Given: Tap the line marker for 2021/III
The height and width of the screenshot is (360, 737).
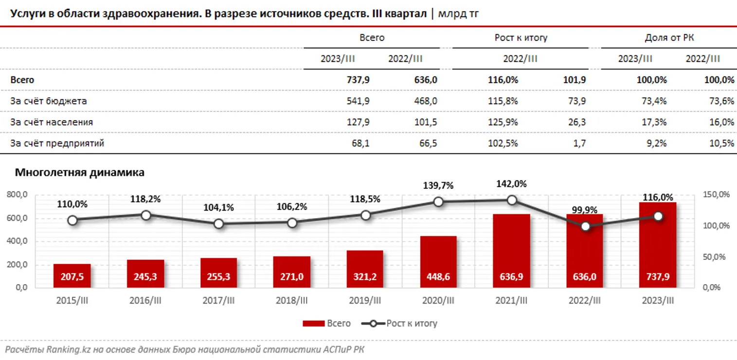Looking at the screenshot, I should point(512,200).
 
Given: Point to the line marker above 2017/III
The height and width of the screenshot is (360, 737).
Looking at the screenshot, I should point(218,224).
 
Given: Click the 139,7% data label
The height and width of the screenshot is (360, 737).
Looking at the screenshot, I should point(438,185).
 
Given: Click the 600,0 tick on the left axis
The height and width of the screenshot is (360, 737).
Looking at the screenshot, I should point(18,218).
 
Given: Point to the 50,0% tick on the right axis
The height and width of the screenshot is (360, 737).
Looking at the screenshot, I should point(716,257).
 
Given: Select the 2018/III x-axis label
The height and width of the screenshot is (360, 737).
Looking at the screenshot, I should point(292,301).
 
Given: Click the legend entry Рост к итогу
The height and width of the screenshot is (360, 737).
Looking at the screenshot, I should point(412,324).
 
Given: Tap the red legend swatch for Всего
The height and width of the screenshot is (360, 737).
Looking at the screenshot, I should point(313,324).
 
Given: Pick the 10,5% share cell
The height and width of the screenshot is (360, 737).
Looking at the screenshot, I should point(722,144).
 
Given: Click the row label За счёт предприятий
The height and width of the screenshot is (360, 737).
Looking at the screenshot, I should point(57,144).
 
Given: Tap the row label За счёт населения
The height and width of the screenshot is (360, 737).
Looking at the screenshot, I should point(52,123).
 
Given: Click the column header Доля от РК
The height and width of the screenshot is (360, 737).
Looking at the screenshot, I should point(669,38).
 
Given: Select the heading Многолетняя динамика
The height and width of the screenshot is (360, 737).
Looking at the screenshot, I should point(80,172).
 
